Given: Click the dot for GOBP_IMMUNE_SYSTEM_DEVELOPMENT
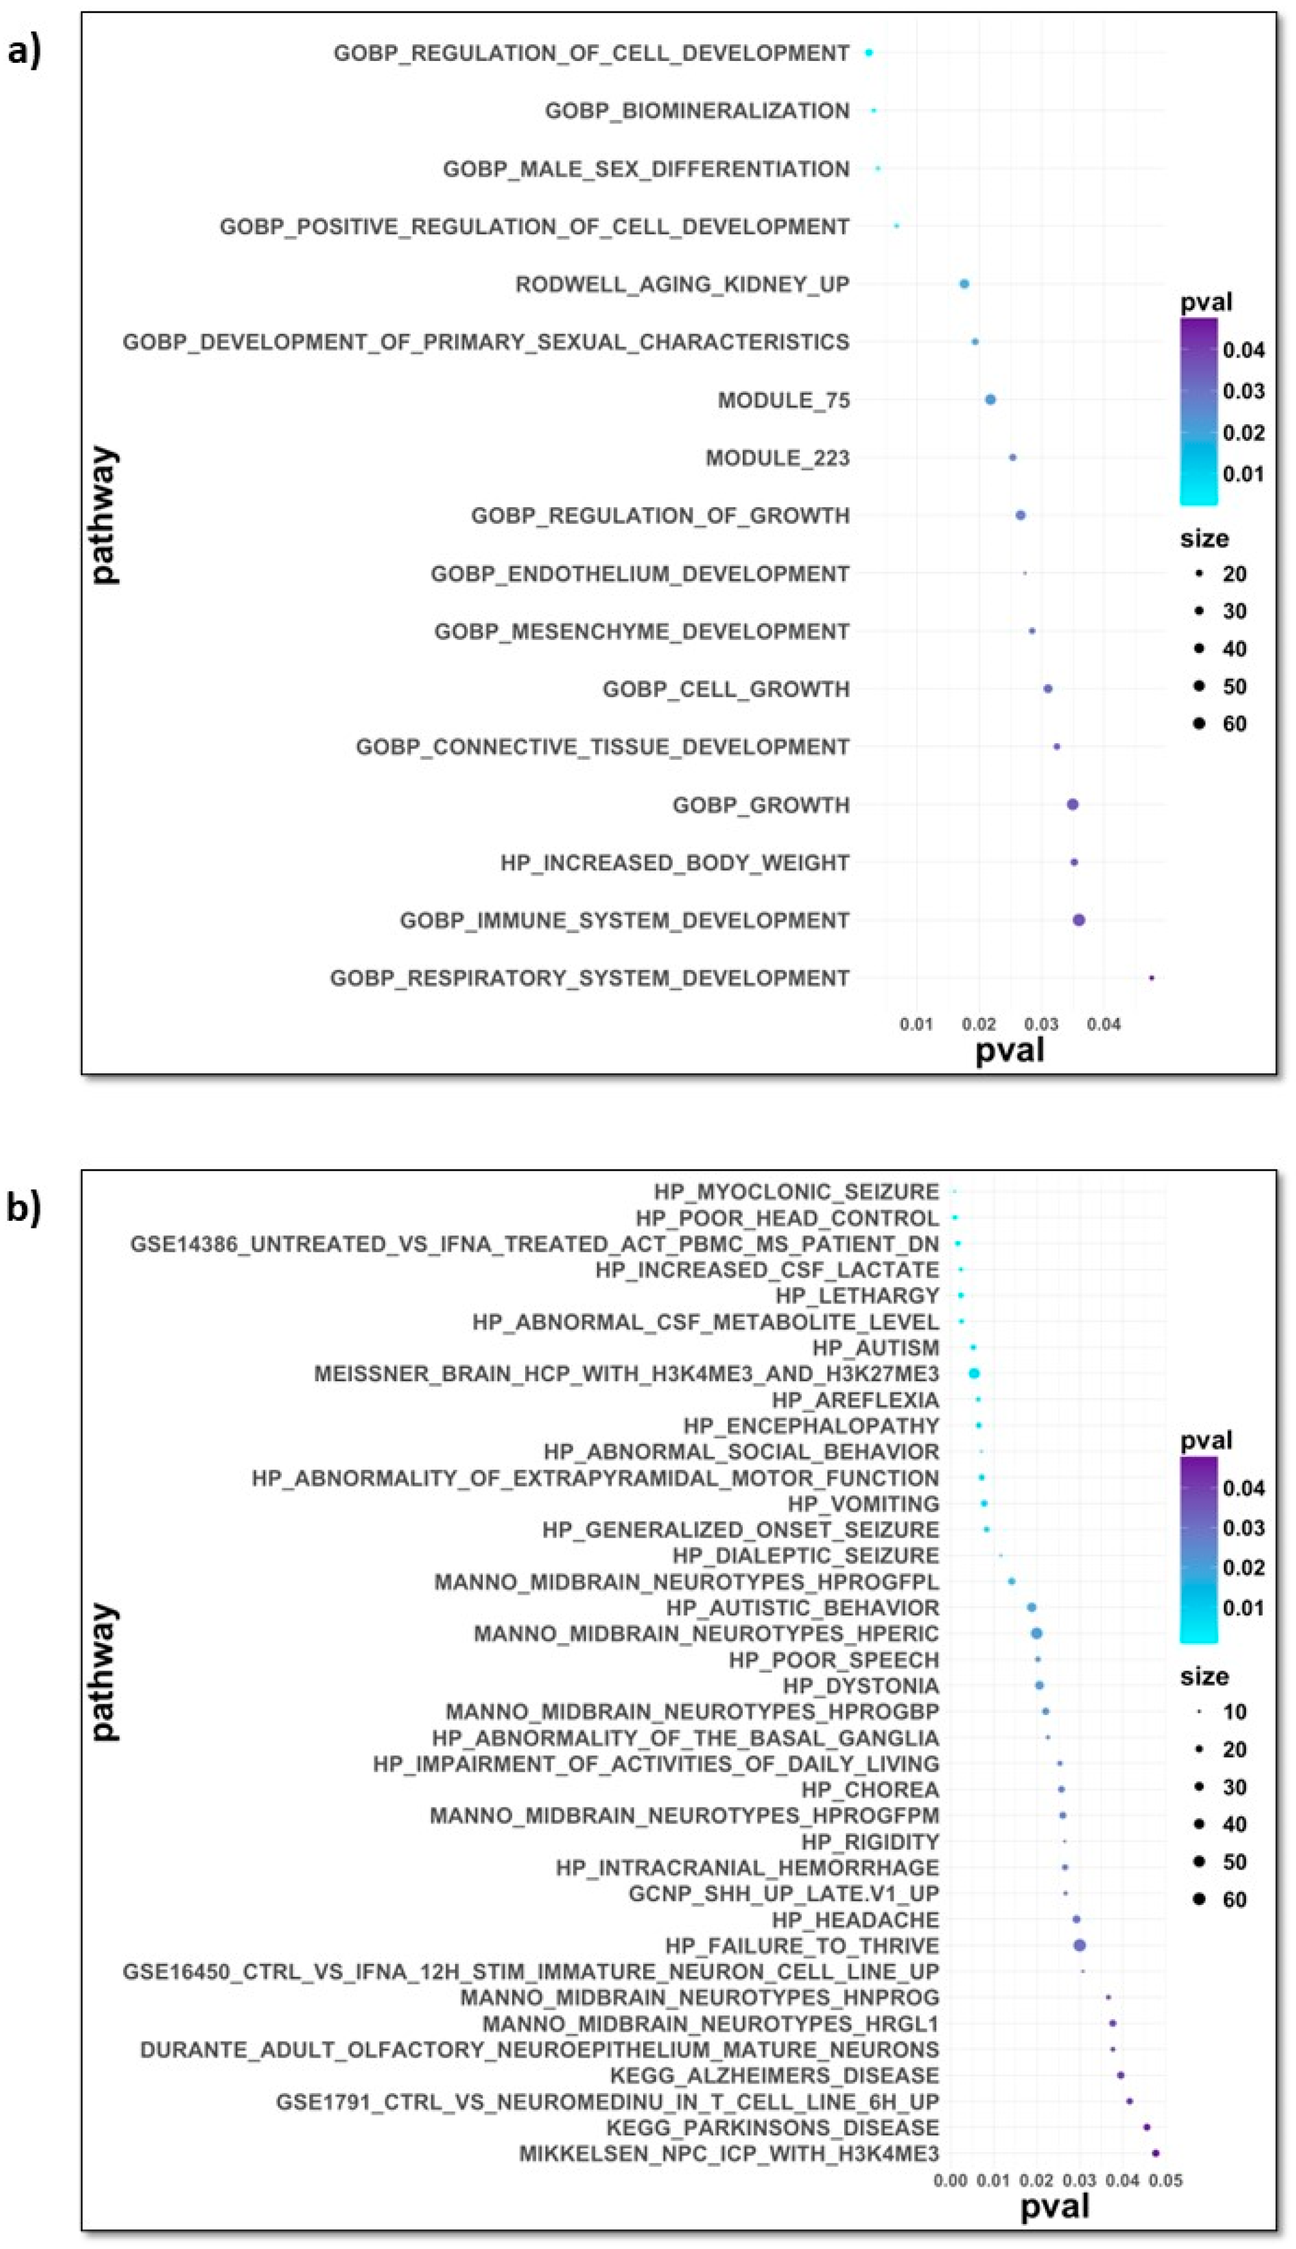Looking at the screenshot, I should coord(1079,920).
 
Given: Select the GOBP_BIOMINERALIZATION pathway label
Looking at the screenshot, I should coord(697,111).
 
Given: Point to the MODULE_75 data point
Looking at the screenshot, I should coord(990,400).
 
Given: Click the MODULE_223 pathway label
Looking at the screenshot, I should coord(777,458).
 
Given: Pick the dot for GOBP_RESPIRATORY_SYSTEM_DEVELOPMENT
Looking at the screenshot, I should coord(1152,978).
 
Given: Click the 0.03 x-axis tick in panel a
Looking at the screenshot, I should coord(1041,1024).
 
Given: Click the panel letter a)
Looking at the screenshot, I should coord(24,51).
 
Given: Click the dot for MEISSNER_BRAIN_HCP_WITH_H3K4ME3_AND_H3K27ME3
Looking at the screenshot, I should coord(974,1374).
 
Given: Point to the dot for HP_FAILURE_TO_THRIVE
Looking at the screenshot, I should coord(1080,1945).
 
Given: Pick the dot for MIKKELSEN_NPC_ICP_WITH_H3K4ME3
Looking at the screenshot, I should coord(1155,2154).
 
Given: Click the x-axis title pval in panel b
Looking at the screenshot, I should coord(1055,2207).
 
